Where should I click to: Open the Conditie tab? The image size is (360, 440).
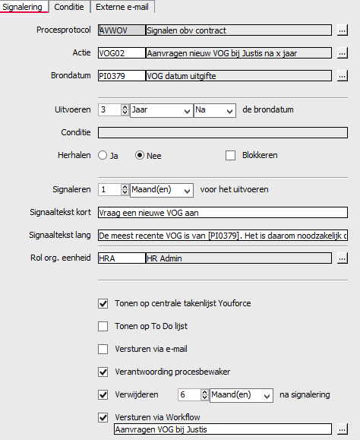(x=69, y=7)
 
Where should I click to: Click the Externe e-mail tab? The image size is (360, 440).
(x=122, y=7)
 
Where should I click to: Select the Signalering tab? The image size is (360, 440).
(x=23, y=7)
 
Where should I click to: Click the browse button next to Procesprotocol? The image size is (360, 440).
(x=343, y=30)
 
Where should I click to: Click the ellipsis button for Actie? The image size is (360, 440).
(x=343, y=53)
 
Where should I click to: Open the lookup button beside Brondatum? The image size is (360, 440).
(x=343, y=76)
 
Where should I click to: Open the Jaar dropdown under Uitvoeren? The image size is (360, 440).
(x=160, y=110)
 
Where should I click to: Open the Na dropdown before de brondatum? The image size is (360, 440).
(x=214, y=110)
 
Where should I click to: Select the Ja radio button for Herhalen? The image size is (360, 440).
(x=103, y=155)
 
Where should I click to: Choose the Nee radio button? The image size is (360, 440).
(x=140, y=155)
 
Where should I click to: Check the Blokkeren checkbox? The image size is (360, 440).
(x=231, y=155)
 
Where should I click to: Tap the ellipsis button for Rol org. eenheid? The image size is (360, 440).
(x=343, y=258)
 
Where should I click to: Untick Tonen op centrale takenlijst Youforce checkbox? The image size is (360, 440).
(x=103, y=304)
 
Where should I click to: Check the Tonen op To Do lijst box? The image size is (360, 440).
(x=103, y=327)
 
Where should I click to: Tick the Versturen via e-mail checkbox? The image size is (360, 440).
(x=103, y=350)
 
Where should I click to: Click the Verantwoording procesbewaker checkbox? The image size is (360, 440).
(x=103, y=372)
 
